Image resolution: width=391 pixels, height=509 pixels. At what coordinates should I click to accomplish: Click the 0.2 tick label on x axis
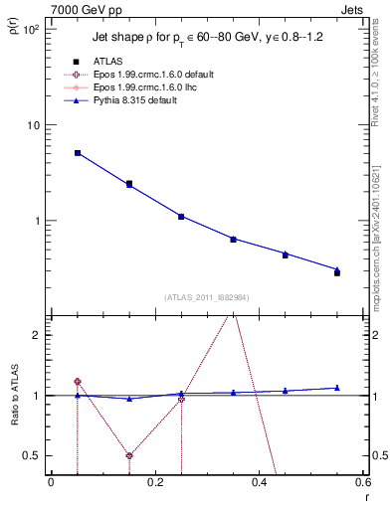tap(155, 483)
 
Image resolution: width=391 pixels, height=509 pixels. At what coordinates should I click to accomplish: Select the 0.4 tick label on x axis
tap(259, 483)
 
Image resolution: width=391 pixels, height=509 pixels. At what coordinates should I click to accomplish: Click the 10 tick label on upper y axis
tap(32, 125)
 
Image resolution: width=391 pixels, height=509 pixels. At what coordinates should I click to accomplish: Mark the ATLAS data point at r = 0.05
tap(78, 153)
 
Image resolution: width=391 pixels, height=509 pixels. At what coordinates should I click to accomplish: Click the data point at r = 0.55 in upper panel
tap(336, 271)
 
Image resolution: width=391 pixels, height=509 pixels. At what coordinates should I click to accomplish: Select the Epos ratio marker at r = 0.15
tap(129, 456)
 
